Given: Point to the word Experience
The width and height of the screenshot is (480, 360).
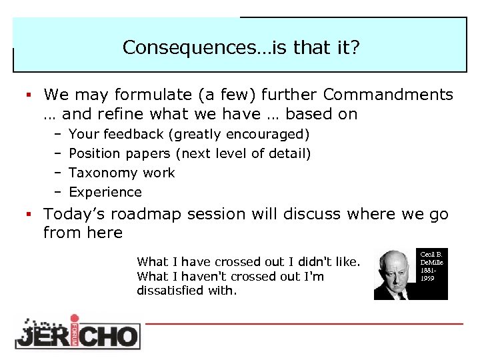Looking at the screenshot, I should pos(105,192).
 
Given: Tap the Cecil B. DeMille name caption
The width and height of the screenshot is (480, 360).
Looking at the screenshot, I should pos(431,266).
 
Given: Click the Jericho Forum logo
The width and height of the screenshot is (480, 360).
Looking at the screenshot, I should pos(77,331).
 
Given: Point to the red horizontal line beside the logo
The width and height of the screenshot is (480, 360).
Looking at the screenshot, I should pos(303,324).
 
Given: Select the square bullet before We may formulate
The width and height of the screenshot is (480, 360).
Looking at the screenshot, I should pos(29,95).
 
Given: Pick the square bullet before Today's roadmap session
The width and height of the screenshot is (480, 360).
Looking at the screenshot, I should pos(29,215).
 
